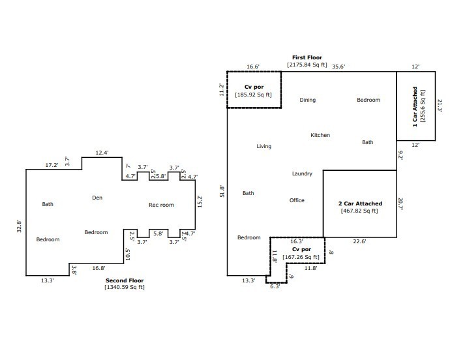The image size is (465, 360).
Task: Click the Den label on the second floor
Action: point(97,198)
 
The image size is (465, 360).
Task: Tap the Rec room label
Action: point(161,205)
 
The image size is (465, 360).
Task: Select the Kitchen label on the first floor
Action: point(320,135)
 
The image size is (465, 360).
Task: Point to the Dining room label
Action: point(308,100)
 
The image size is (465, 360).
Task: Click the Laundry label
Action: point(302,173)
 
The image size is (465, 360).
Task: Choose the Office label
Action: point(297,200)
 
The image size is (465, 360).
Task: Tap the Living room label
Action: point(264,147)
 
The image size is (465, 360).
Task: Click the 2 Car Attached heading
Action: point(360,203)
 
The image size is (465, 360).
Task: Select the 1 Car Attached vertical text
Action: point(415,107)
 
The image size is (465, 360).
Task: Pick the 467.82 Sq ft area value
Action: point(359,211)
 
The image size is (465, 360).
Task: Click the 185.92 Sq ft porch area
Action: point(253,95)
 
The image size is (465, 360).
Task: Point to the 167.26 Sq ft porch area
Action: point(301,257)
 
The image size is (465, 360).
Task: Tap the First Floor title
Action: point(307,57)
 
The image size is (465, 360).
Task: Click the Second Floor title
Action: point(125,280)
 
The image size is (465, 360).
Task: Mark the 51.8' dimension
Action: point(222,191)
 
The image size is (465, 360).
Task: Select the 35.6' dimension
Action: point(338,67)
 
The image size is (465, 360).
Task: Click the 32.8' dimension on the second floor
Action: point(20,226)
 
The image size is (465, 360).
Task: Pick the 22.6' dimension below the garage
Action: point(359,241)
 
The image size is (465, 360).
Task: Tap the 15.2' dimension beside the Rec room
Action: point(200,202)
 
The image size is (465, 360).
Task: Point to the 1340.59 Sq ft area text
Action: point(125,288)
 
